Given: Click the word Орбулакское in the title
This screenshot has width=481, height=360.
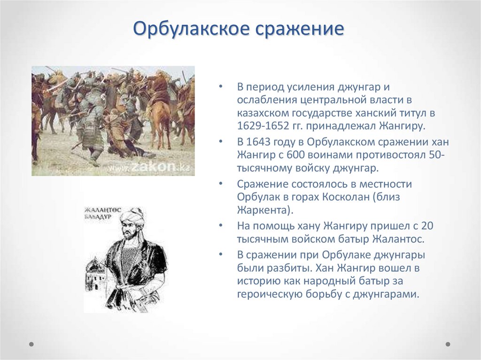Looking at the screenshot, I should (x=191, y=29).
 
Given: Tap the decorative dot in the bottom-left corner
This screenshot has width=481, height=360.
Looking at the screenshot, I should (x=31, y=344).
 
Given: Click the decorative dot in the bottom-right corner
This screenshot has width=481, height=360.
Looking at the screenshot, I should (x=448, y=344).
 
